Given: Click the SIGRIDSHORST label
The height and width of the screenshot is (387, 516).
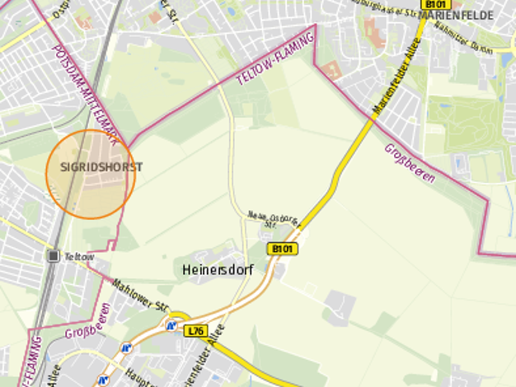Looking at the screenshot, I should tap(101, 167).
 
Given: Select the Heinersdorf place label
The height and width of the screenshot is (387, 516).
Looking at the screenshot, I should tap(213, 269).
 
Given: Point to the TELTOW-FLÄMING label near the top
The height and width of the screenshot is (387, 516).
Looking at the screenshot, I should tap(275, 56).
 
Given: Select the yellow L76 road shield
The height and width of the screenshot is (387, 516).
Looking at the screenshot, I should tap(195, 331).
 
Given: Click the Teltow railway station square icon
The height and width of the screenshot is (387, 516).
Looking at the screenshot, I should tap(54, 256).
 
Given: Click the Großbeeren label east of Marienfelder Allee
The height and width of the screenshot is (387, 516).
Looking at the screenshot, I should tap(409, 164).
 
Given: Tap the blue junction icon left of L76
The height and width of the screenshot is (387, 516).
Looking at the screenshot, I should tap(171, 326).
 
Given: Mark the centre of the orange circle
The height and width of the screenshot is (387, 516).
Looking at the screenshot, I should tap(90, 174).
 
